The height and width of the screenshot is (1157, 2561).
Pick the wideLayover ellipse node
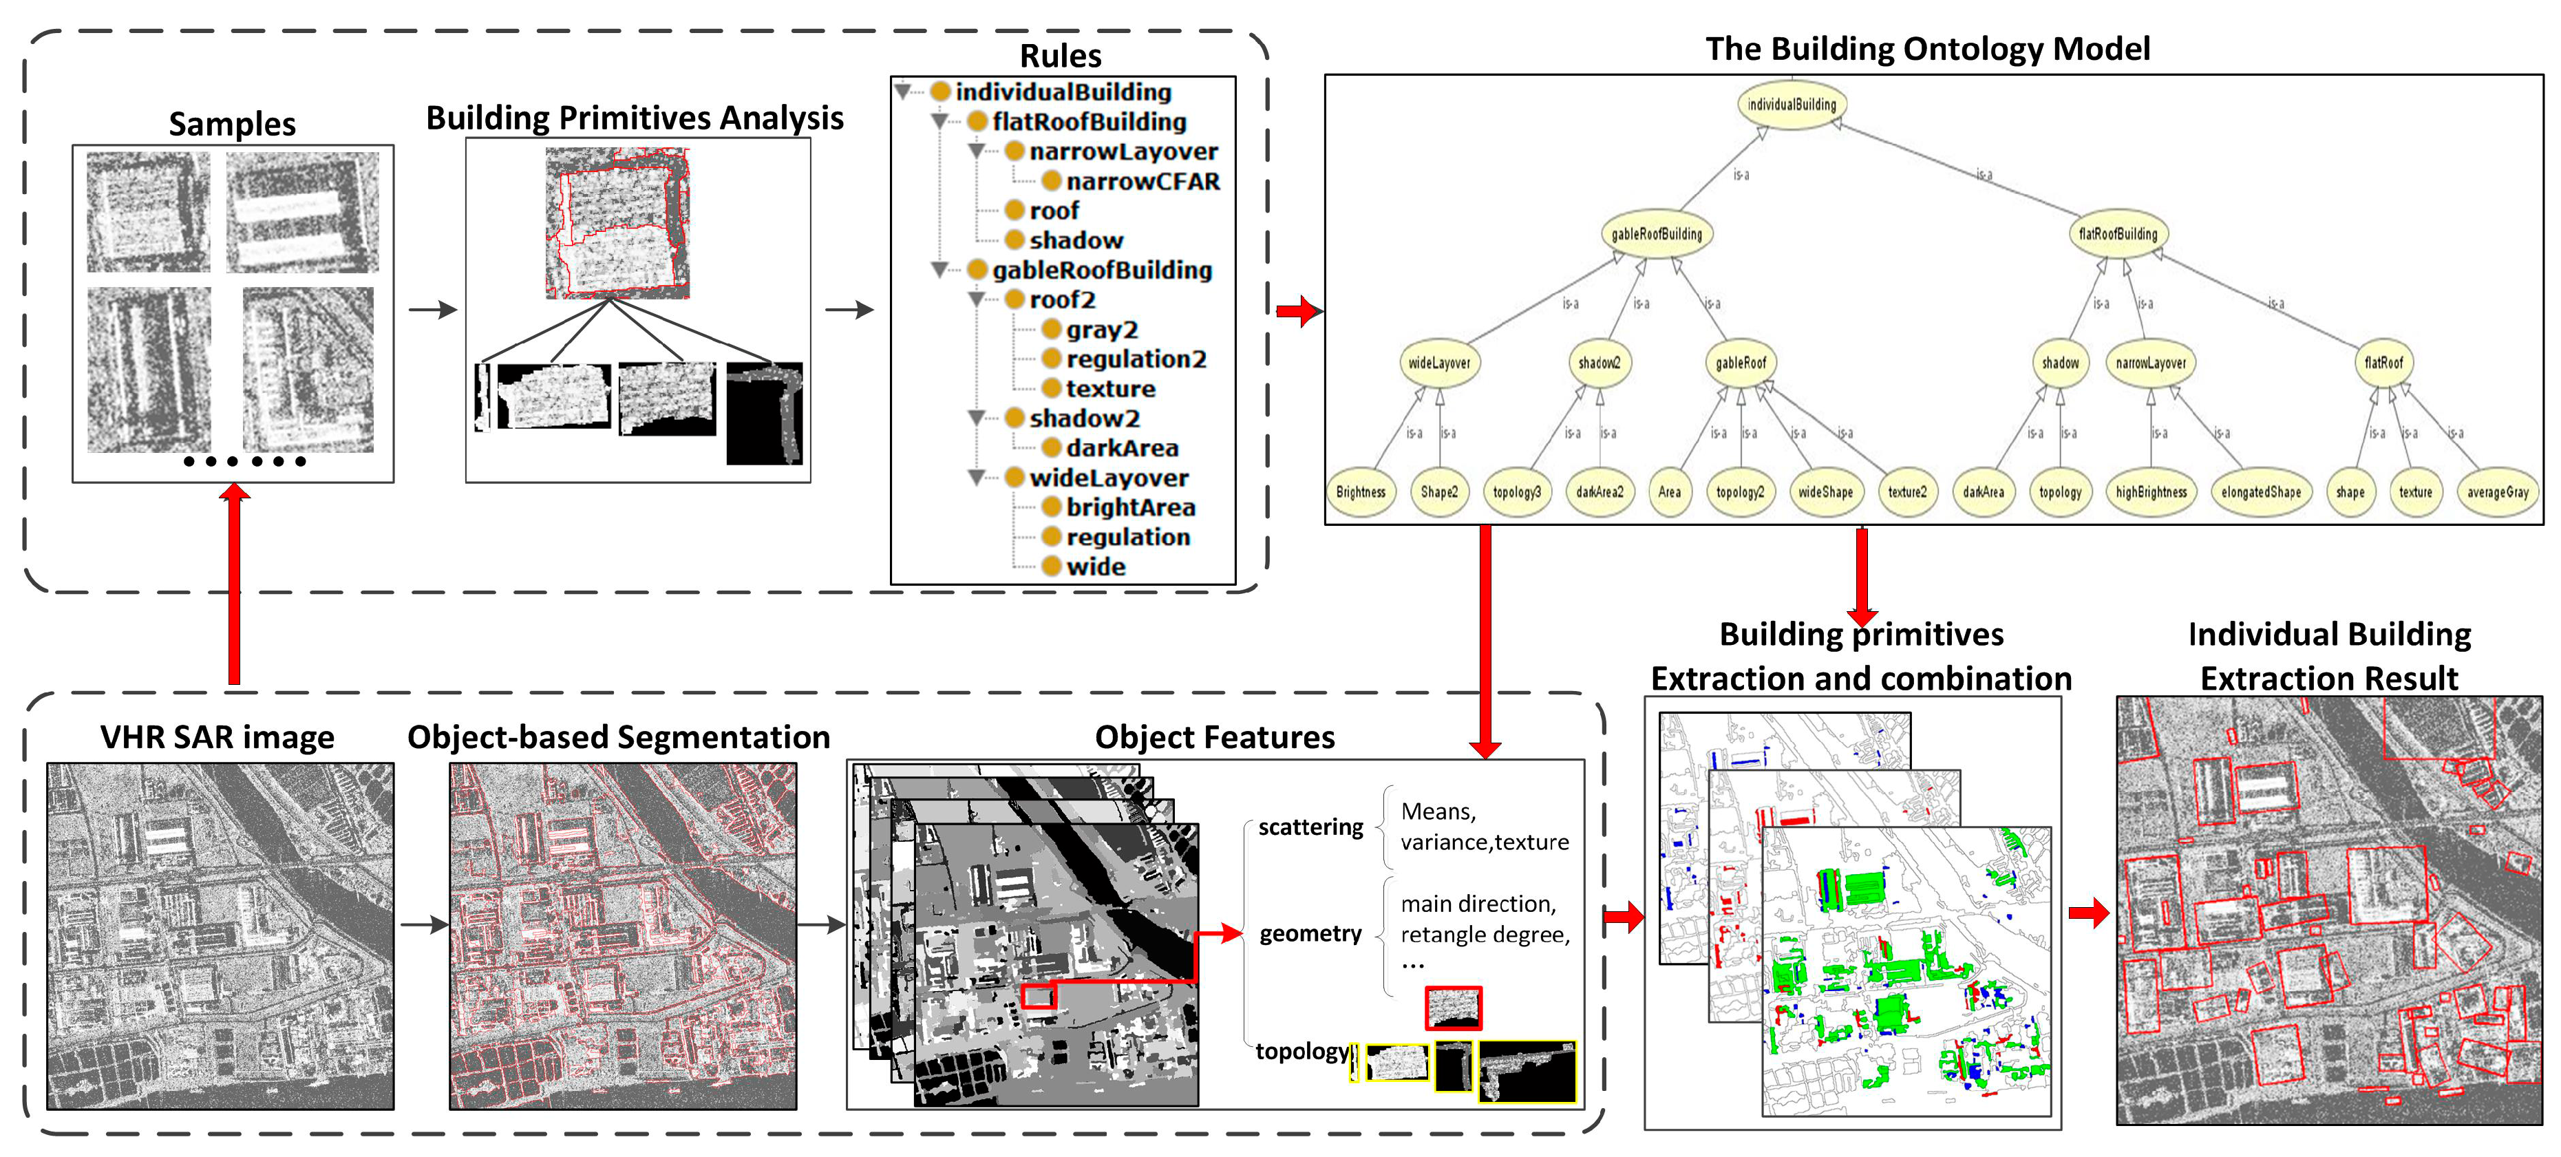pos(1438,363)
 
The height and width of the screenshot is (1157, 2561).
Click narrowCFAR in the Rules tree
pos(1141,182)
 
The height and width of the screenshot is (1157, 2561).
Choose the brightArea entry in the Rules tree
pos(1129,508)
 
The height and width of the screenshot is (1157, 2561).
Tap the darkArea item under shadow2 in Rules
pos(1121,448)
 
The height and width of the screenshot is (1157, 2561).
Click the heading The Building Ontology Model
pos(1926,49)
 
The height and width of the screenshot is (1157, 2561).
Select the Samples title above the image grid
pos(232,125)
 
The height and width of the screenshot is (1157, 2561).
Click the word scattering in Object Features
pos(1310,827)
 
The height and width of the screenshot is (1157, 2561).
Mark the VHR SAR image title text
pos(217,738)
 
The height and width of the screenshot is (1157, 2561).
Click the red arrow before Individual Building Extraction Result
pos(2087,913)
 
